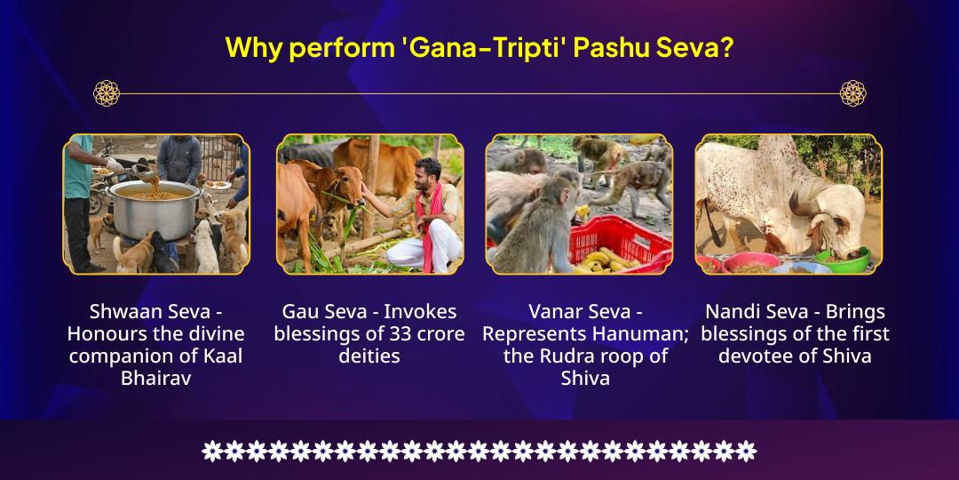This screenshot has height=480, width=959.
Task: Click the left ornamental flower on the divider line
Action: point(107,92)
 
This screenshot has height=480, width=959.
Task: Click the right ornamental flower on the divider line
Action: point(852,92)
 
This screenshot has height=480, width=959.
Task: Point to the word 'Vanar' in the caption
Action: point(556,312)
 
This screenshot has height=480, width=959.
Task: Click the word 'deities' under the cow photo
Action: point(369,356)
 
